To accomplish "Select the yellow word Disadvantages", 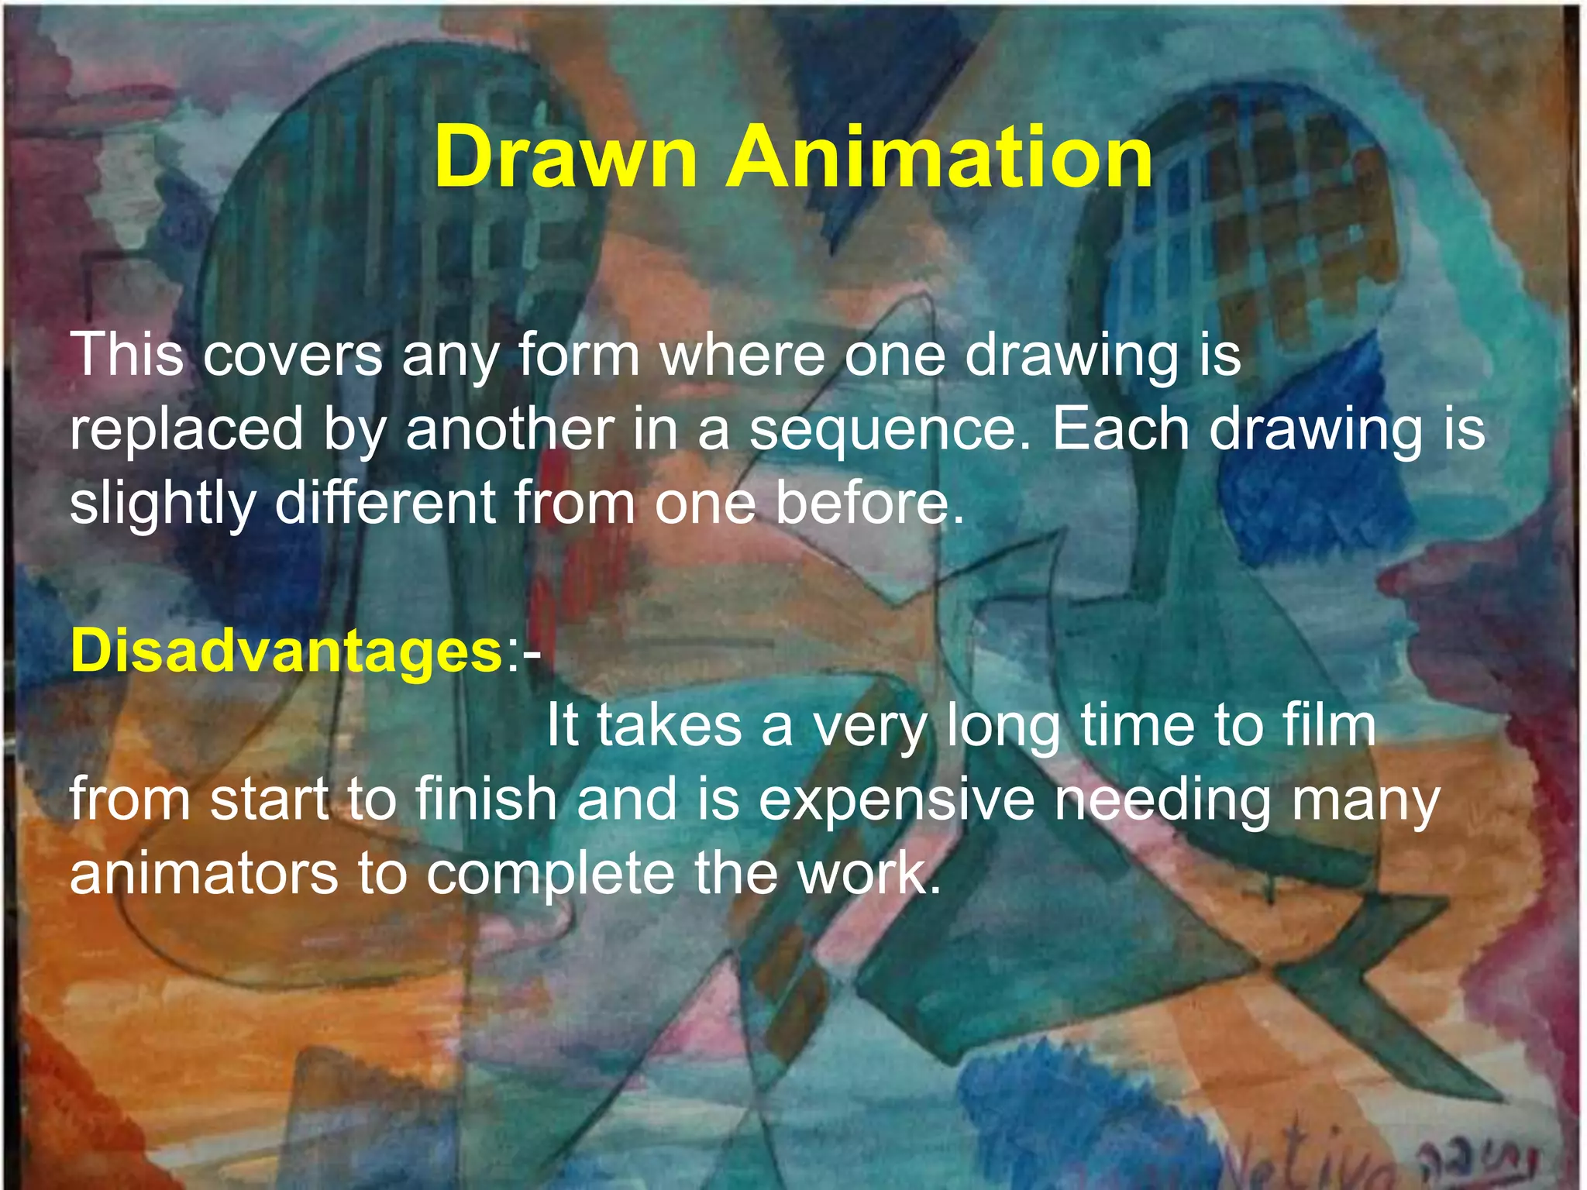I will pos(287,652).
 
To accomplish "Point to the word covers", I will pos(294,356).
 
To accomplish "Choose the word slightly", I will pos(163,504).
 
